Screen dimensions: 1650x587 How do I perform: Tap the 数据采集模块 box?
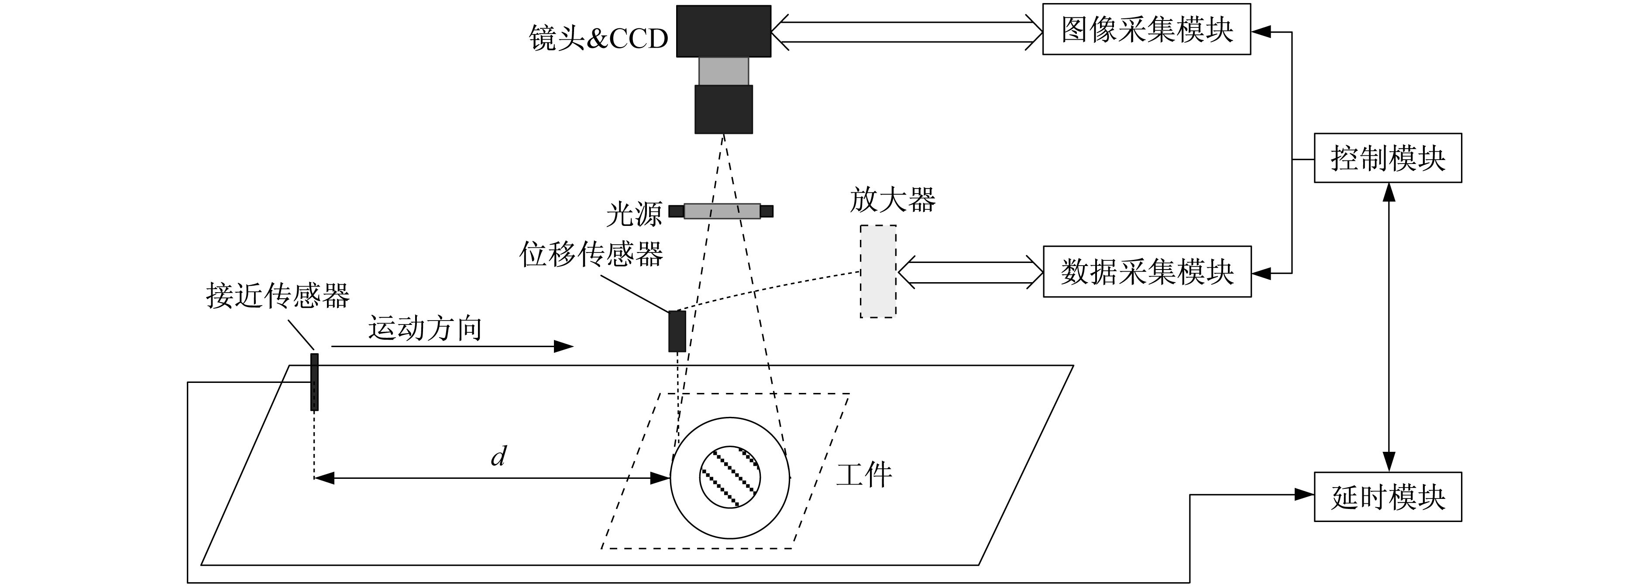pos(1147,271)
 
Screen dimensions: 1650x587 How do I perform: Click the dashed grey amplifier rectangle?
pos(877,271)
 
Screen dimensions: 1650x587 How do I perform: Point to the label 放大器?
pos(892,200)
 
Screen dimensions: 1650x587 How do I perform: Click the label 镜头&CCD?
pos(598,38)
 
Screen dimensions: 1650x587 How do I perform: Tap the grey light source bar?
pos(722,211)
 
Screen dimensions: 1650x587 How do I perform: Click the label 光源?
pos(633,215)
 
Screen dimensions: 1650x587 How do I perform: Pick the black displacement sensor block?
pos(677,331)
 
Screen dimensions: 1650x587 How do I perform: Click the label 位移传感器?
pos(591,254)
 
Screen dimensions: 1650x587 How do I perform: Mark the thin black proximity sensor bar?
pos(314,382)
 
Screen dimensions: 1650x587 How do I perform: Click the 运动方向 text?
pos(425,328)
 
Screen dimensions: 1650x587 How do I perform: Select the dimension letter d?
pos(498,457)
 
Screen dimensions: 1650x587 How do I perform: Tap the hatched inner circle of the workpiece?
pos(729,478)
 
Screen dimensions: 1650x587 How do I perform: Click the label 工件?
pos(864,475)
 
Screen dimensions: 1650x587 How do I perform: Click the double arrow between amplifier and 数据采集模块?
pos(970,271)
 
